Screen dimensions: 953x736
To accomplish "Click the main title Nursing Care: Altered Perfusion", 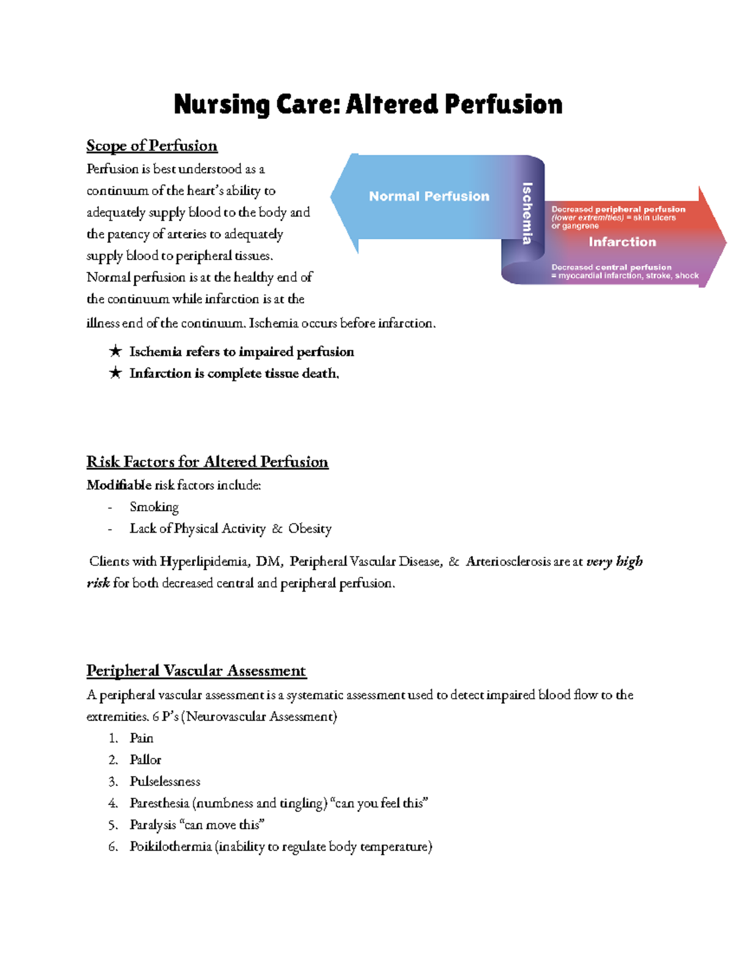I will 368,104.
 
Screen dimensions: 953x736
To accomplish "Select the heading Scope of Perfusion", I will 151,146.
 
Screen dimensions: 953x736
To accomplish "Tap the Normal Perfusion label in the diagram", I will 429,196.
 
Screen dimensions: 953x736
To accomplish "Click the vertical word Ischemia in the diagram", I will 527,213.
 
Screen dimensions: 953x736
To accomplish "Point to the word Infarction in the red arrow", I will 622,242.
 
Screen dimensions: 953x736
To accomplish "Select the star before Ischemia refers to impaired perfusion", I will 115,352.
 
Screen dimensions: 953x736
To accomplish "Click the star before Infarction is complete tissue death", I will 115,373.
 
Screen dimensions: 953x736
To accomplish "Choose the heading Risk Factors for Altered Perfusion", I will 207,462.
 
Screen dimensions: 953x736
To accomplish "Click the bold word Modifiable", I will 118,485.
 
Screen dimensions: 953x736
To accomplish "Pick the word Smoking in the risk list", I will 154,507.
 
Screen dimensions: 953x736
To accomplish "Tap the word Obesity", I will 310,529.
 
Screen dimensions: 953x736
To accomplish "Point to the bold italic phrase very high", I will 614,561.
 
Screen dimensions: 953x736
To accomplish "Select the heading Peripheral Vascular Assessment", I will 196,671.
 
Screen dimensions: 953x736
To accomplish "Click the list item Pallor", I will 145,760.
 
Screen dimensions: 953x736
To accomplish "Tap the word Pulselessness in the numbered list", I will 165,782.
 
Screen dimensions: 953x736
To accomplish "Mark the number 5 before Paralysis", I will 112,825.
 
